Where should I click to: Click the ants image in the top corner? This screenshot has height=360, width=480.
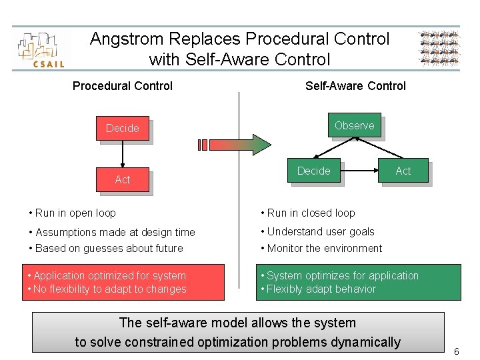[x=439, y=48]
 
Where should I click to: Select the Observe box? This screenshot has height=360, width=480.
[x=354, y=125]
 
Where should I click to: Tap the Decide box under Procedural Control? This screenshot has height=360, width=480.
[x=123, y=128]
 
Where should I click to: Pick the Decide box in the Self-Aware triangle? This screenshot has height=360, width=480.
[x=313, y=171]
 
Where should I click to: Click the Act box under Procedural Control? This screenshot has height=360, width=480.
[x=123, y=179]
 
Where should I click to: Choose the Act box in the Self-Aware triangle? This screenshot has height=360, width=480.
[x=403, y=171]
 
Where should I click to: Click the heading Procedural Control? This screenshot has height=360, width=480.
[x=123, y=86]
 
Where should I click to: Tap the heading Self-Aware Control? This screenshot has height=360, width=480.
[x=355, y=86]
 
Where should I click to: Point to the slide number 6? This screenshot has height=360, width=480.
[x=456, y=351]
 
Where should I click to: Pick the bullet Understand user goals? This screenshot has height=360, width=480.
[x=321, y=232]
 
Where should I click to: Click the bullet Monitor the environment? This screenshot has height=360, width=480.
[x=324, y=249]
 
